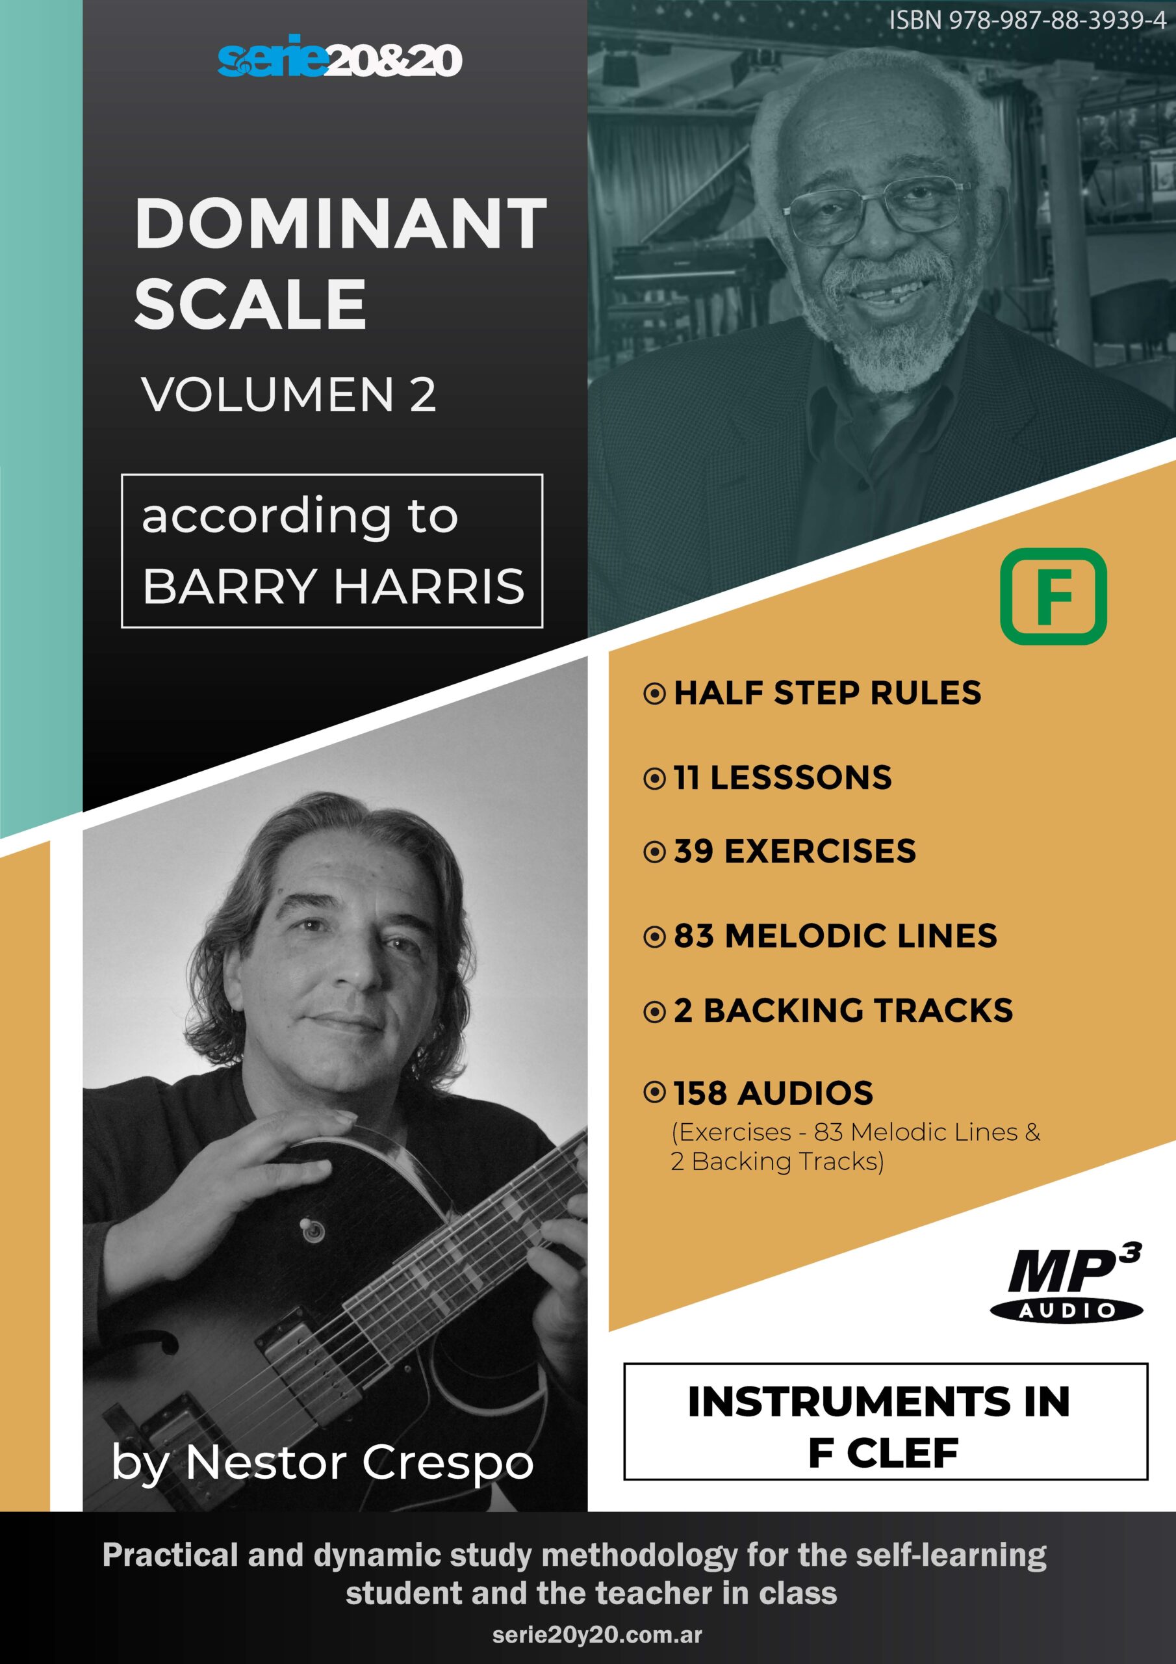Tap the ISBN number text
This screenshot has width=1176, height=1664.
[1027, 20]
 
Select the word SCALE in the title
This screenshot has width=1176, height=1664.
[250, 304]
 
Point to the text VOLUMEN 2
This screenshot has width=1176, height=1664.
[288, 395]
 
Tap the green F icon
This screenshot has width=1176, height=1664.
[1053, 597]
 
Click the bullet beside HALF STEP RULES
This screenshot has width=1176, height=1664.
[654, 694]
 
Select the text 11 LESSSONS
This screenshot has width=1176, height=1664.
[782, 777]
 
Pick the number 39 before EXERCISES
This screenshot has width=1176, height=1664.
[693, 851]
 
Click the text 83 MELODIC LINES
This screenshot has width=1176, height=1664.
[836, 935]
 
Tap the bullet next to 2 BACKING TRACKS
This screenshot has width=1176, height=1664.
[654, 1012]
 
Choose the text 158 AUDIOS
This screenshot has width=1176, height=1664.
[773, 1094]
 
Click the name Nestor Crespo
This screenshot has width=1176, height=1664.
[359, 1463]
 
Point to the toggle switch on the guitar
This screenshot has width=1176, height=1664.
[313, 1229]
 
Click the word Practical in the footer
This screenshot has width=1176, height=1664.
[170, 1555]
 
